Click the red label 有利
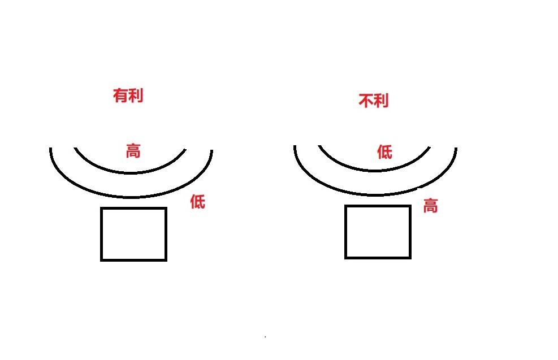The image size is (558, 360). tap(128, 96)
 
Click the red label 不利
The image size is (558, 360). tap(374, 101)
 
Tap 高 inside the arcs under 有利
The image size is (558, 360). tap(133, 151)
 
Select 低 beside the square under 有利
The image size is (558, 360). tap(197, 201)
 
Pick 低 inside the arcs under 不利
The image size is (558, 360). tap(384, 151)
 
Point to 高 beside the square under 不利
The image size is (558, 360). tap(430, 206)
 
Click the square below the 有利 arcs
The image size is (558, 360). tap(133, 234)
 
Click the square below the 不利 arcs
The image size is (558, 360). tap(378, 232)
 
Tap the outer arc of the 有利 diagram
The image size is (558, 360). tap(131, 197)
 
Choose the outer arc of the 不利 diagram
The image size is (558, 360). tap(375, 195)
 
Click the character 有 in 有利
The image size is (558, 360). tap(120, 96)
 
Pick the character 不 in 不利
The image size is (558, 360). tap(366, 101)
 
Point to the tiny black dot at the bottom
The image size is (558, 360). tap(265, 337)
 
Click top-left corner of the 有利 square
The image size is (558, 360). tap(102, 209)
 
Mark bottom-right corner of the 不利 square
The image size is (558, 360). tap(410, 258)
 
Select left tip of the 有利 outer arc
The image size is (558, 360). tap(51, 149)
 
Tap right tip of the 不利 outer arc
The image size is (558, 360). tap(456, 148)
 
